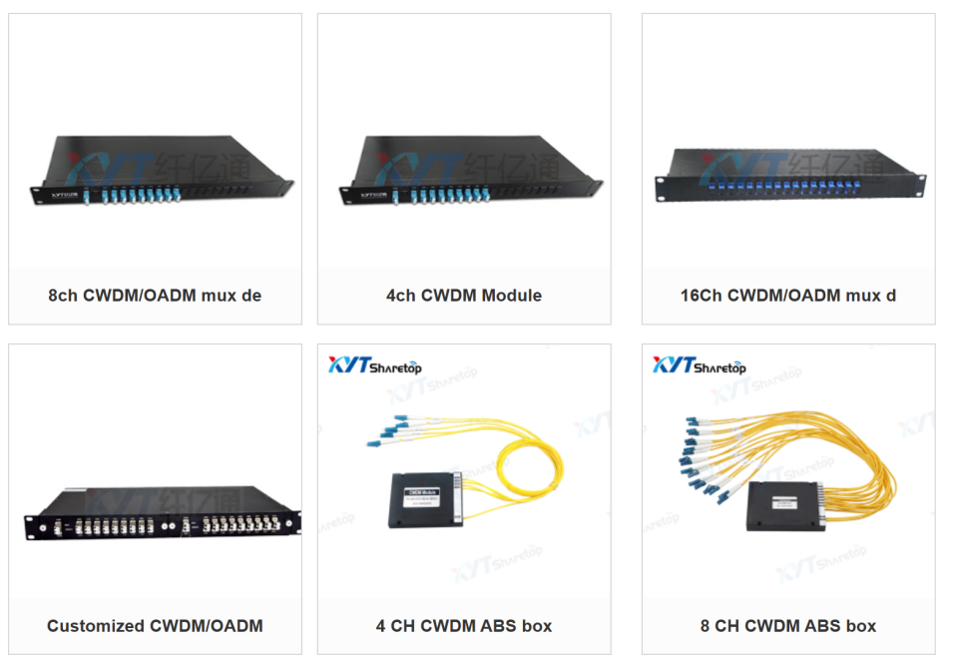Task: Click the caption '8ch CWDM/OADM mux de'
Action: pos(155,296)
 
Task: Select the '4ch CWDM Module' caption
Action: pos(464,296)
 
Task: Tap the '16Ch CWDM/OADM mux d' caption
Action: pos(788,296)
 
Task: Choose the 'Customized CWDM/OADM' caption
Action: pos(155,626)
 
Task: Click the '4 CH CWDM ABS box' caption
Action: pos(464,626)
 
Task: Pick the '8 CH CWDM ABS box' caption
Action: pos(788,626)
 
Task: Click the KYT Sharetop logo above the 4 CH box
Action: pos(375,365)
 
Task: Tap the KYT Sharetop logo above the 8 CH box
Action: pos(700,365)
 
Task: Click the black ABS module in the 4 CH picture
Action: pos(422,498)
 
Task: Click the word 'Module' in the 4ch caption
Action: pos(511,296)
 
